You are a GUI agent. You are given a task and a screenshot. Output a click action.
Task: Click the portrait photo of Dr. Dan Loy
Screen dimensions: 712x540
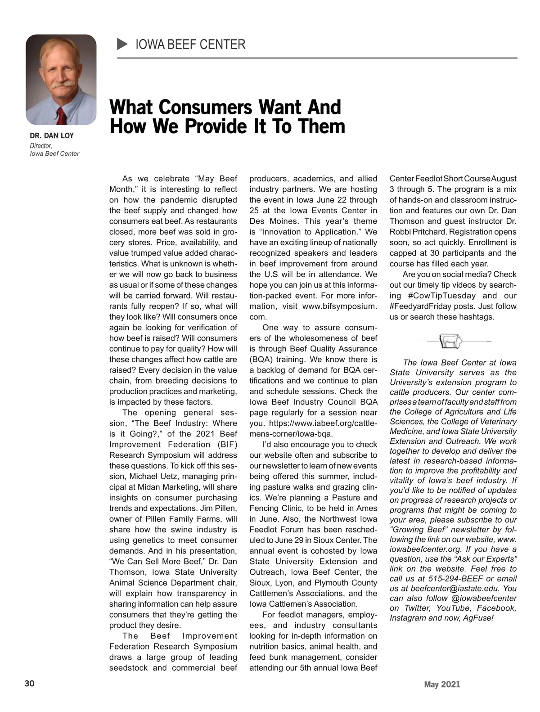(61, 79)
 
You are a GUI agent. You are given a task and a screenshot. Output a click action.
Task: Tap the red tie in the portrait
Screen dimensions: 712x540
(62, 116)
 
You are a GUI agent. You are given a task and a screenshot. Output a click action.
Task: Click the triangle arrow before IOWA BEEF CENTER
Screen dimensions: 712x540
(122, 44)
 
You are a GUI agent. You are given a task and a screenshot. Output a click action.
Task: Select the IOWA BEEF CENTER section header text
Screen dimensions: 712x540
(190, 45)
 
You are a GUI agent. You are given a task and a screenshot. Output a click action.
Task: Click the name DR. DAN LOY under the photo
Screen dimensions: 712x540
(52, 135)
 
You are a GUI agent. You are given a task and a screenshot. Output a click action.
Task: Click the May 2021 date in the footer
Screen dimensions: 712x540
(442, 685)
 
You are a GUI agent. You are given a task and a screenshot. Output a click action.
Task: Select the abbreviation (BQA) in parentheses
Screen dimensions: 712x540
(261, 360)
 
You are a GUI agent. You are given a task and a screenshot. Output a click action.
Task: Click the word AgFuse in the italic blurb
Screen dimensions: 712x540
(478, 618)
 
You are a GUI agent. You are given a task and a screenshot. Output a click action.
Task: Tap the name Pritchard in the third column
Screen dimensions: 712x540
(428, 232)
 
